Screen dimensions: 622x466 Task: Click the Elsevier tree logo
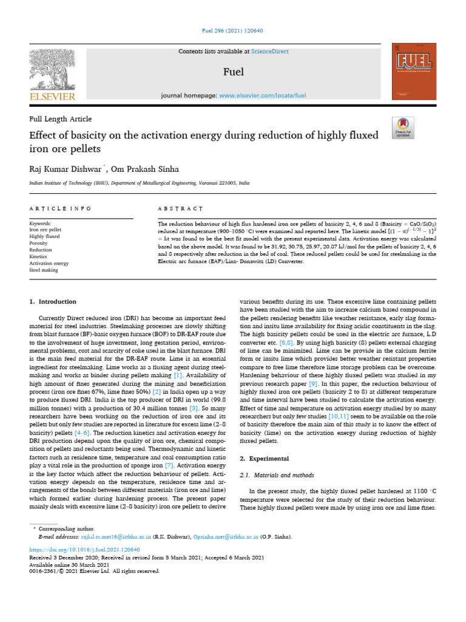tap(52, 70)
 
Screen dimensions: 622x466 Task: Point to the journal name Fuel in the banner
tap(234, 72)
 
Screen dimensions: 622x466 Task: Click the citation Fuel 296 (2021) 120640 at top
tap(233, 30)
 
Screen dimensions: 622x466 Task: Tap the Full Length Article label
tap(61, 118)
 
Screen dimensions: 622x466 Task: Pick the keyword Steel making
tap(44, 270)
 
